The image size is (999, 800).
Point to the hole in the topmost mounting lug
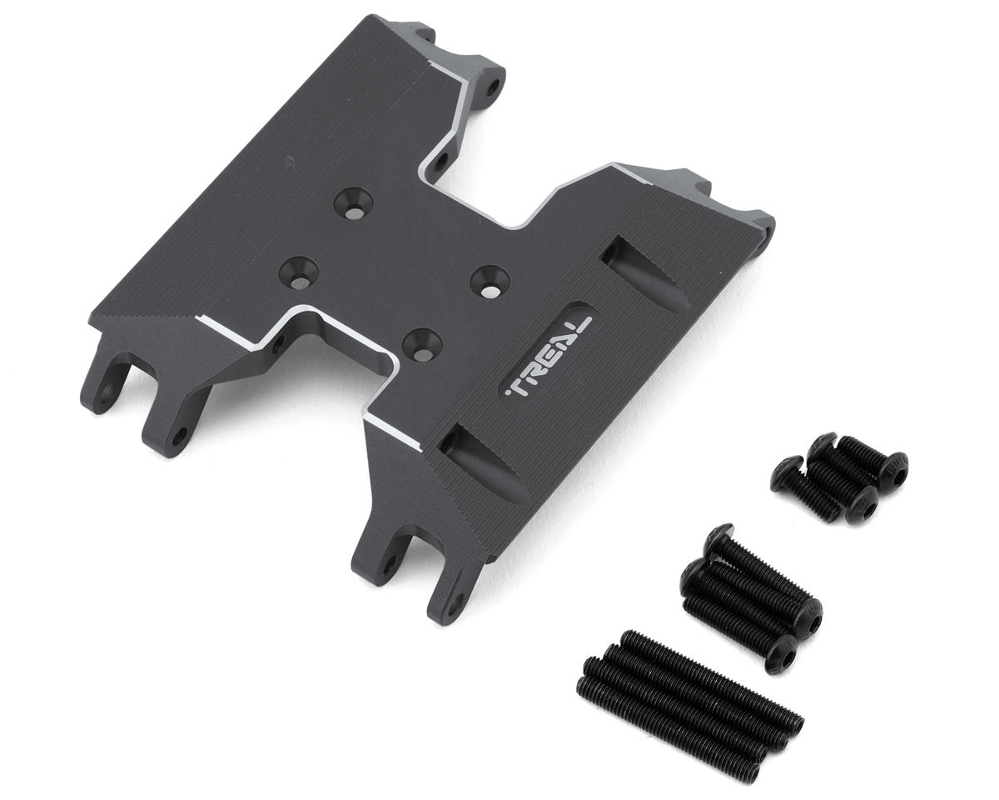(x=494, y=85)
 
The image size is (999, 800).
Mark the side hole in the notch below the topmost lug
(x=441, y=158)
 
